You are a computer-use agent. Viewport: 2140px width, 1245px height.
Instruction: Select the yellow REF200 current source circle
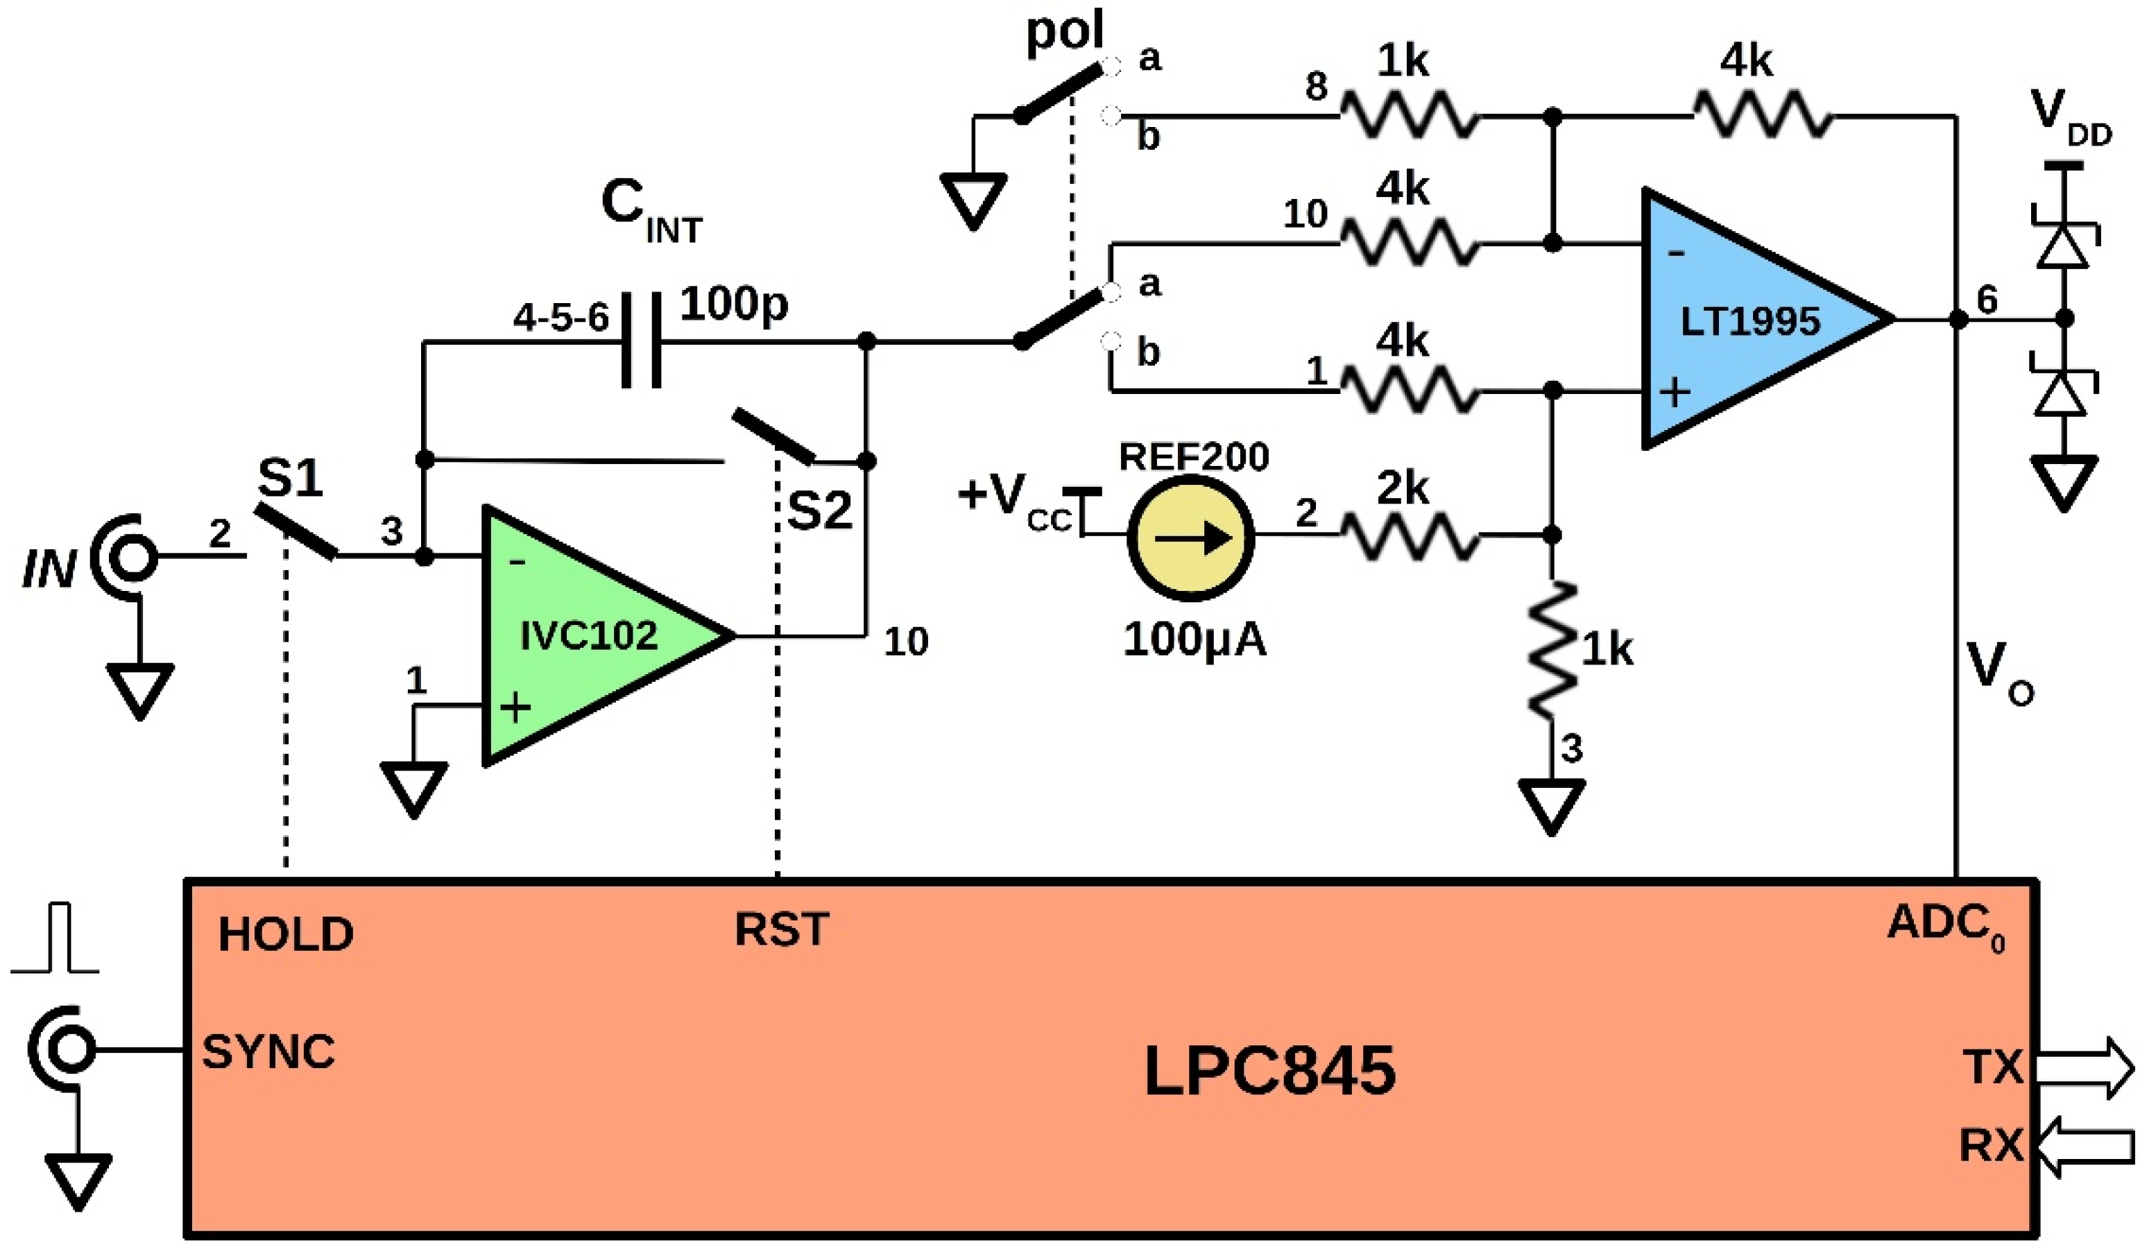1190,538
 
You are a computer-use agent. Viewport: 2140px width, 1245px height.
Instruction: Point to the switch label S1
291,478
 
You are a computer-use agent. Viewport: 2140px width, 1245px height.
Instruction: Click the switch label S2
819,510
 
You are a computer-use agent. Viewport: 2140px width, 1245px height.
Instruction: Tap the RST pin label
780,929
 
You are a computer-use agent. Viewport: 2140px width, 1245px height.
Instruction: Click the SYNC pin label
268,1052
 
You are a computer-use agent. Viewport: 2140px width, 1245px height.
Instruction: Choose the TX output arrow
2085,1067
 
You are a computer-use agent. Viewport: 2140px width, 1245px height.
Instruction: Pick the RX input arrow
2085,1147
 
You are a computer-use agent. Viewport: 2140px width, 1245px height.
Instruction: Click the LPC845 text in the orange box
1269,1071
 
